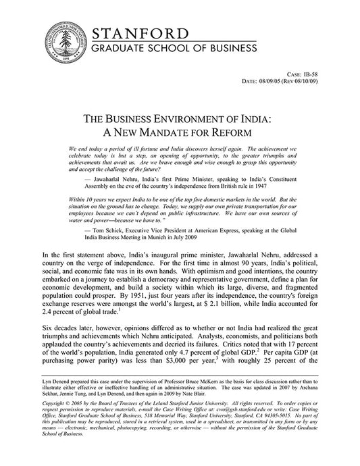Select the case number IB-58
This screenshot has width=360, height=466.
pos(333,91)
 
